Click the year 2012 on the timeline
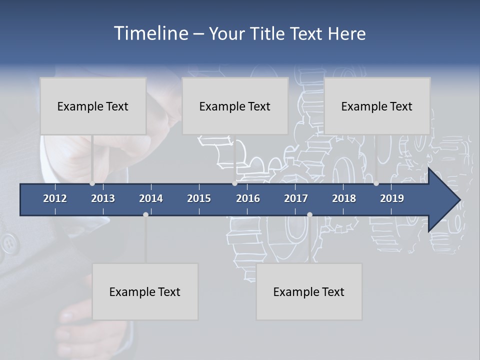coord(55,198)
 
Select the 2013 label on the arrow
coord(103,198)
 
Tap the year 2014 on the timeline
coord(151,198)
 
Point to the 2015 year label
coord(199,198)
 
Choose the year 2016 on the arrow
coord(248,198)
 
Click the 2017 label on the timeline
coord(296,198)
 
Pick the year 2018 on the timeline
coord(344,198)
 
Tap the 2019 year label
coord(392,198)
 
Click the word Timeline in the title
coord(150,33)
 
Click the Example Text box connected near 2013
coord(93,106)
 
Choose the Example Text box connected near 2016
coord(235,106)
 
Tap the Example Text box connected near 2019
coord(377,106)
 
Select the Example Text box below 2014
coord(145,291)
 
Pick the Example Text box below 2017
coord(309,291)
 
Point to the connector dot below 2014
coord(145,214)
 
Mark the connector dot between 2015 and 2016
coord(234,183)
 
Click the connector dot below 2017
coord(309,214)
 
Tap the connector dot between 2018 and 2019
coord(376,183)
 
